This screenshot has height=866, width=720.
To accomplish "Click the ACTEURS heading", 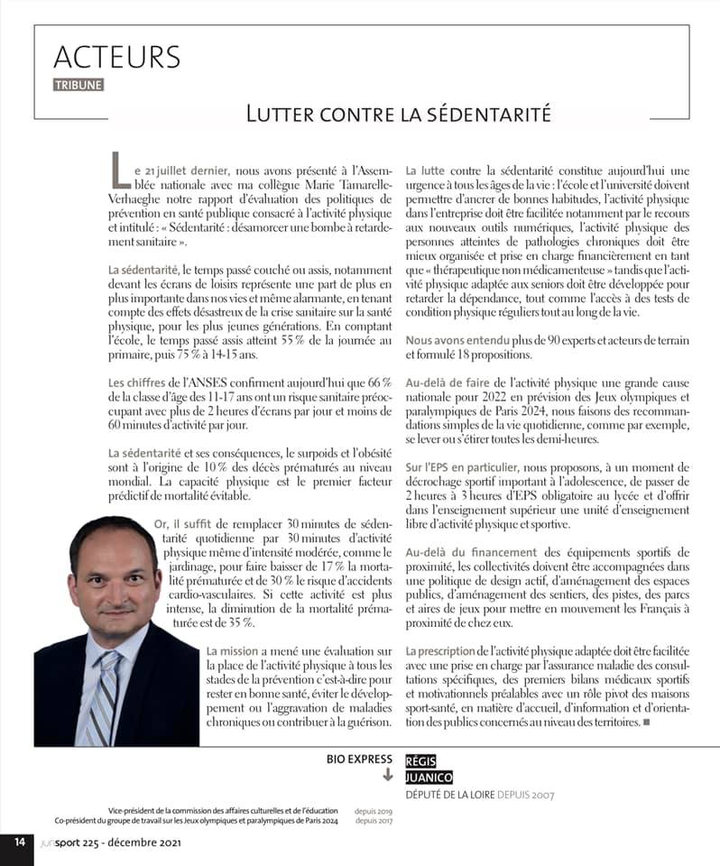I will (116, 57).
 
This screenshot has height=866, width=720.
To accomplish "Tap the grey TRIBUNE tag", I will (78, 85).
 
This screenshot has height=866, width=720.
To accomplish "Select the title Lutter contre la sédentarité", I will (398, 115).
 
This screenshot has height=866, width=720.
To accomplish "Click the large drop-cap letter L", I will (118, 170).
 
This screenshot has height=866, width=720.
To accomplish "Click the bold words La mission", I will (232, 650).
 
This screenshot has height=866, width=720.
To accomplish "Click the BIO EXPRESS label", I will (360, 760).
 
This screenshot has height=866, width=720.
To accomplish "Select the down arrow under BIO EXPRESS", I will (388, 775).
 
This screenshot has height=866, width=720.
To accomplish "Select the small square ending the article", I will (645, 722).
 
